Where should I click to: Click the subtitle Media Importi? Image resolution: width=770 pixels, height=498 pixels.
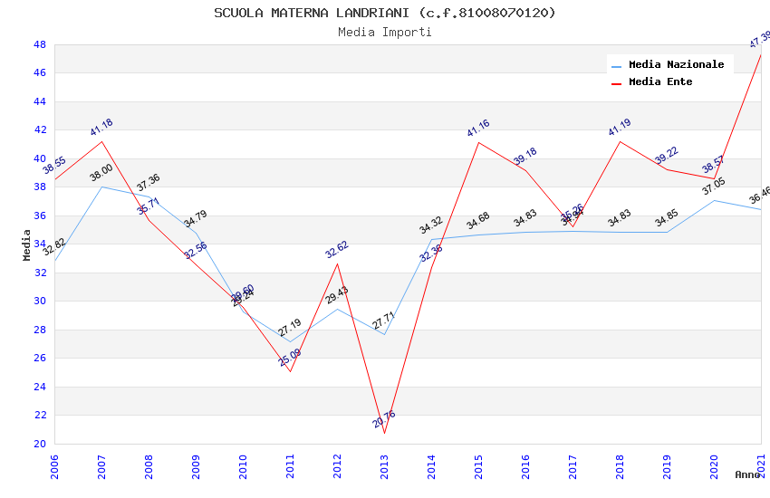(x=385, y=33)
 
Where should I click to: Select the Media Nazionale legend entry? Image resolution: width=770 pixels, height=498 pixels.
(x=676, y=65)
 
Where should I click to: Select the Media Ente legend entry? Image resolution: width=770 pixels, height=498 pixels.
(x=660, y=82)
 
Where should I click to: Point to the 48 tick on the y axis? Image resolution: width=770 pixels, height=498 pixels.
(x=40, y=44)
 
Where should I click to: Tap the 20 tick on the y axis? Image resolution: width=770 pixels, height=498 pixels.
(x=40, y=444)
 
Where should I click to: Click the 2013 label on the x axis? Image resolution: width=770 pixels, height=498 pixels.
(x=384, y=467)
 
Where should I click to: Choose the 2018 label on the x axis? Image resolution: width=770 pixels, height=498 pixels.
(x=620, y=467)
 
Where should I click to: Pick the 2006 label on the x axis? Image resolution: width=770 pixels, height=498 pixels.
(x=55, y=467)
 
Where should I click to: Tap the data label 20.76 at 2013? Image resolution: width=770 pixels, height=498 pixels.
(x=384, y=419)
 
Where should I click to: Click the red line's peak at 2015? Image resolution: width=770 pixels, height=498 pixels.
(x=478, y=142)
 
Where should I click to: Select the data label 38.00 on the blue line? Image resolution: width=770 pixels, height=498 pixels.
(x=101, y=173)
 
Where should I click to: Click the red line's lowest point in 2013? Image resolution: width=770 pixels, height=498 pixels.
(x=384, y=433)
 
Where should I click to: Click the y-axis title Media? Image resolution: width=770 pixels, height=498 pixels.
(x=26, y=244)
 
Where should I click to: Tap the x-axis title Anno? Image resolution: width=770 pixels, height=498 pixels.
(x=747, y=474)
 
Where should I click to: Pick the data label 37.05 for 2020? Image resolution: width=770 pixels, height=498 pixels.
(x=714, y=187)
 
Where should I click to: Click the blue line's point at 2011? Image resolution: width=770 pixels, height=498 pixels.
(x=290, y=341)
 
